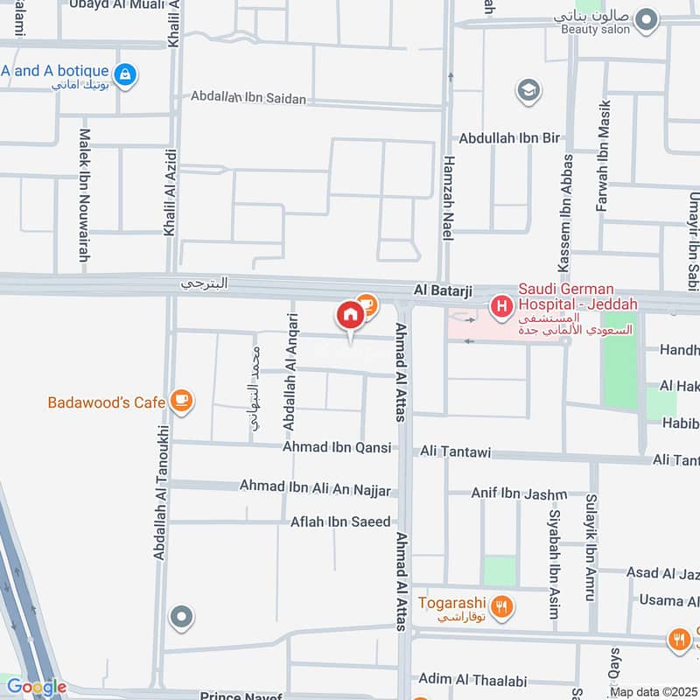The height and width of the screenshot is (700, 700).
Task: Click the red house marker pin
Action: [350, 316]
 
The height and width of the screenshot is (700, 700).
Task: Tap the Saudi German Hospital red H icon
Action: [501, 305]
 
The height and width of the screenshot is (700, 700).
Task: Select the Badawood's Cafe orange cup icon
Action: [182, 401]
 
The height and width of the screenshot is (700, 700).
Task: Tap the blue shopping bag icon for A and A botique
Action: [126, 73]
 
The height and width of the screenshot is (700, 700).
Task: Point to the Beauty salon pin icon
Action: [646, 18]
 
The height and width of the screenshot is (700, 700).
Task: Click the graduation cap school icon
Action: [528, 89]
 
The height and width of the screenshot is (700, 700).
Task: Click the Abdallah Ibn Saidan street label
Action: [248, 98]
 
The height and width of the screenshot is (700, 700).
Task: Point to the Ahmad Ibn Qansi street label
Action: [336, 447]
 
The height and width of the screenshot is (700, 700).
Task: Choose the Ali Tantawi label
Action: [455, 452]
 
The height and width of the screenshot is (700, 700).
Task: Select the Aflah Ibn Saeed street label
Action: [341, 522]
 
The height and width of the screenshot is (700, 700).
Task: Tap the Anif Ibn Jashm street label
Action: [519, 493]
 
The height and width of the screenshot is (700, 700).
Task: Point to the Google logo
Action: [35, 687]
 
